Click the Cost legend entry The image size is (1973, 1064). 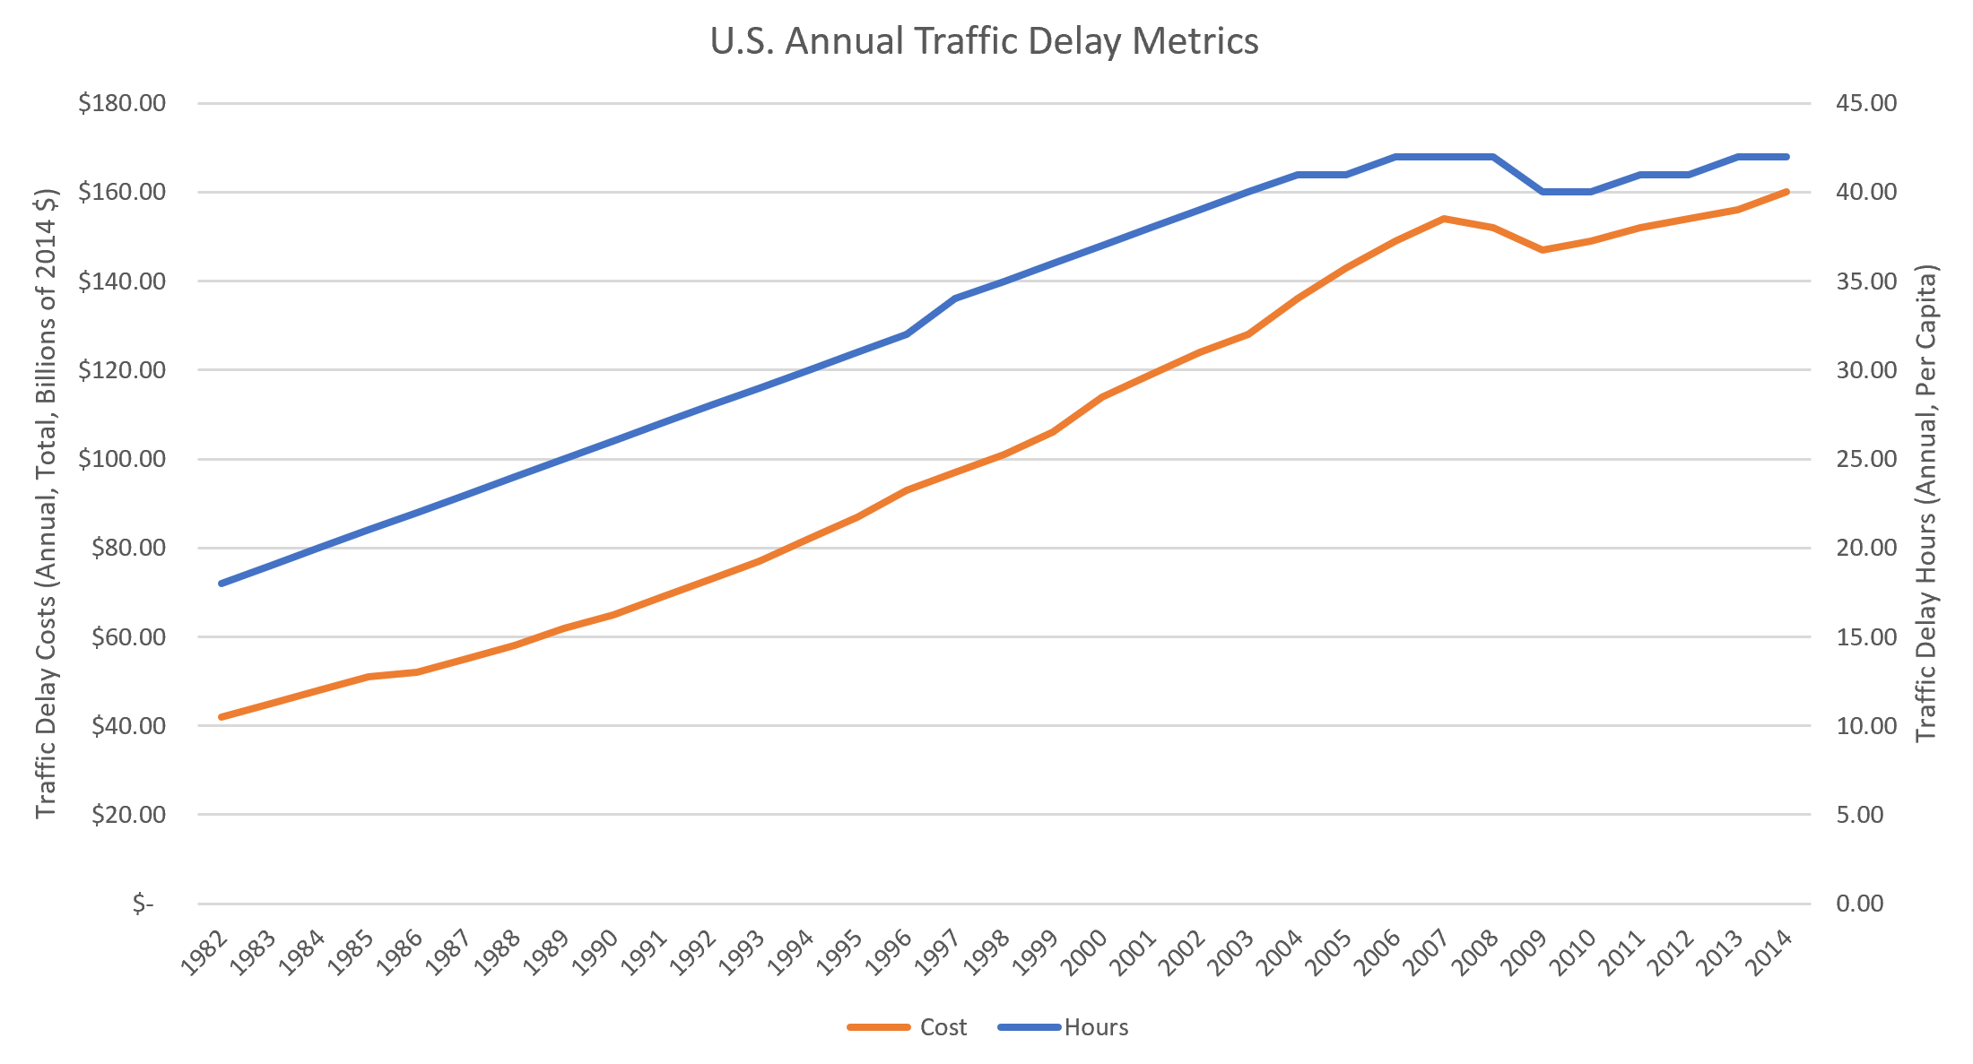(943, 1027)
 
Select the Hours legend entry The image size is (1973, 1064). (1096, 1027)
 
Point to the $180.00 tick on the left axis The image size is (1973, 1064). (122, 103)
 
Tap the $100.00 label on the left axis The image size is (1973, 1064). (122, 459)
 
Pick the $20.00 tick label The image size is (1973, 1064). (128, 815)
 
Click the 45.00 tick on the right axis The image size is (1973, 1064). (1866, 103)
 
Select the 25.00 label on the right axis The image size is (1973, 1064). (1866, 459)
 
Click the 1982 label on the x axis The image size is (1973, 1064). (204, 952)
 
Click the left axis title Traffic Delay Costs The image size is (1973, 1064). (47, 502)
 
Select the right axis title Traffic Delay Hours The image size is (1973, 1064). (1926, 502)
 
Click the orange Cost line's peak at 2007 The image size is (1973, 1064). (1444, 219)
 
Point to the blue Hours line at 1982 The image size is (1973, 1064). (221, 584)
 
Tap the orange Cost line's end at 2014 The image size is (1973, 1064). (1786, 192)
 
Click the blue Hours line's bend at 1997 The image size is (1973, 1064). (955, 298)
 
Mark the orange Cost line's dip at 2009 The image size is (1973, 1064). (1543, 250)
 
